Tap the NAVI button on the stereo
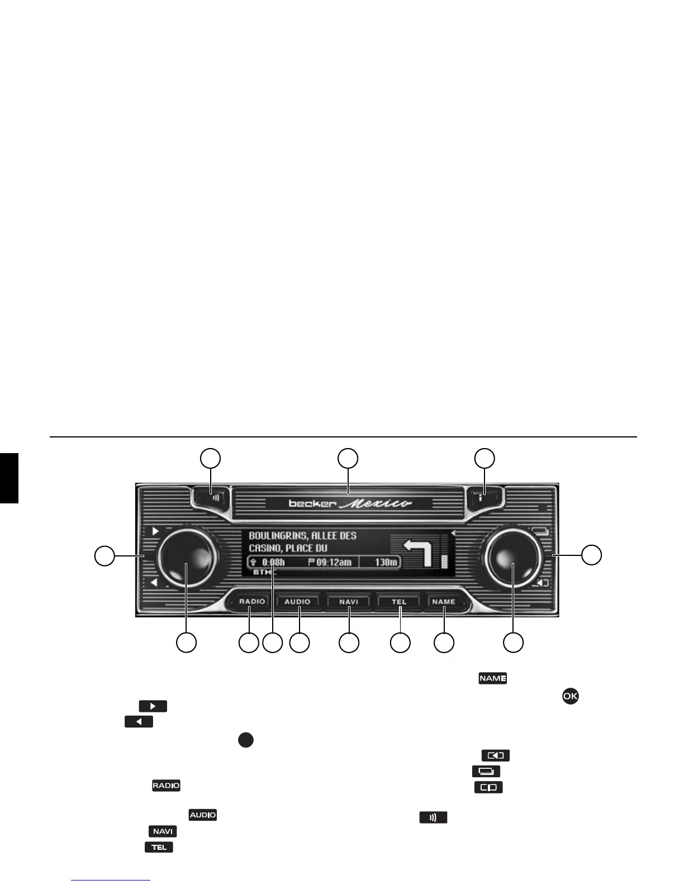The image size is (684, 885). [x=349, y=602]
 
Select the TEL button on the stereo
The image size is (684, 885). [x=399, y=602]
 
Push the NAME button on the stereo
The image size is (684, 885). [x=444, y=602]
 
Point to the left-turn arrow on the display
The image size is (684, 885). [x=419, y=553]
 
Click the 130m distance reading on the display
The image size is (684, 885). [x=386, y=562]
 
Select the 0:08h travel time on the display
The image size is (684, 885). [x=273, y=562]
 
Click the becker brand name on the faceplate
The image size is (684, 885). [x=312, y=503]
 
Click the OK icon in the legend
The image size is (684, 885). [x=570, y=696]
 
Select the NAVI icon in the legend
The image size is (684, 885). [x=163, y=831]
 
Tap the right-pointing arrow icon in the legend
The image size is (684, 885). [x=153, y=706]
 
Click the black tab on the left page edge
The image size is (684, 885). [x=9, y=478]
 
